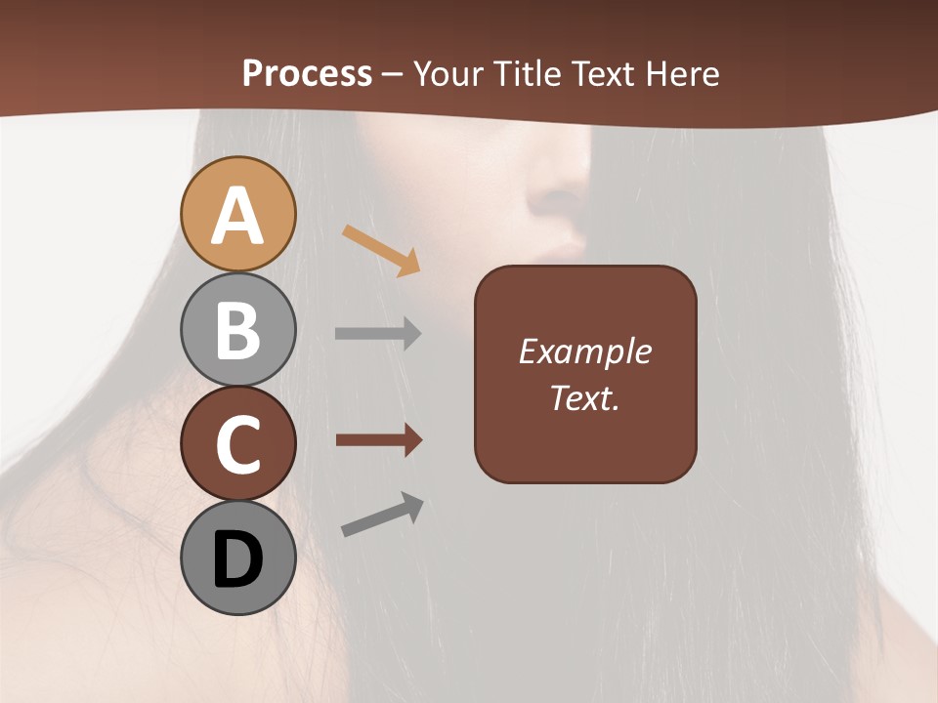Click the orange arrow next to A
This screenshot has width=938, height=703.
pyautogui.click(x=380, y=249)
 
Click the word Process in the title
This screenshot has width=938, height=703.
pyautogui.click(x=307, y=74)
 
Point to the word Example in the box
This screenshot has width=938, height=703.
pyautogui.click(x=584, y=352)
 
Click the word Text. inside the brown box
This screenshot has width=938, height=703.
pyautogui.click(x=584, y=398)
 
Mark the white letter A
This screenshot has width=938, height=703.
pyautogui.click(x=237, y=216)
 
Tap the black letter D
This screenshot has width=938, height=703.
pyautogui.click(x=237, y=559)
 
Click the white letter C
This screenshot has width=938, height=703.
pyautogui.click(x=237, y=444)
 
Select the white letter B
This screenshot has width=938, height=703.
pyautogui.click(x=237, y=329)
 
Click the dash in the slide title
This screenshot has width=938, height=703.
pyautogui.click(x=393, y=74)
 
